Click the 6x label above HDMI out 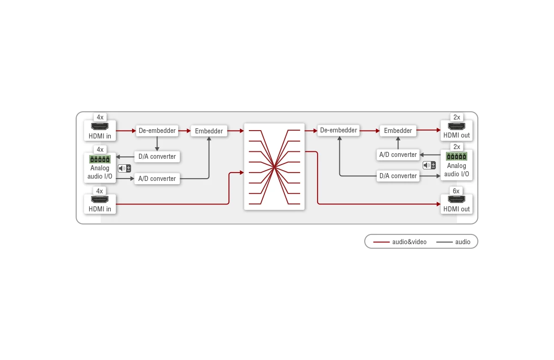point(456,191)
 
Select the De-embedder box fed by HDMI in point(157,131)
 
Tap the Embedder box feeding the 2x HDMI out point(398,131)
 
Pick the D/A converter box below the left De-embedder point(157,156)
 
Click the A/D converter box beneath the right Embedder point(398,155)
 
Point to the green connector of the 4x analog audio point(100,159)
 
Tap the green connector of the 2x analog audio point(457,156)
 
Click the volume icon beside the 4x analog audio point(124,168)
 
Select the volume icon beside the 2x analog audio point(429,165)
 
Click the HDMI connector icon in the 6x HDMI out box point(457,199)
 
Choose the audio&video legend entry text point(409,242)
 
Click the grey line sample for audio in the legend point(445,242)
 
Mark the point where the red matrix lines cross point(274,168)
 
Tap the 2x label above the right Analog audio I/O point(457,147)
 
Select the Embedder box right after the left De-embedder point(209,131)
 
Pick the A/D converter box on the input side point(157,179)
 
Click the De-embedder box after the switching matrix point(338,130)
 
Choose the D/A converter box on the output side point(398,176)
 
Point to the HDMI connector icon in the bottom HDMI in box point(100,199)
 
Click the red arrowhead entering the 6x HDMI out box point(439,204)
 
